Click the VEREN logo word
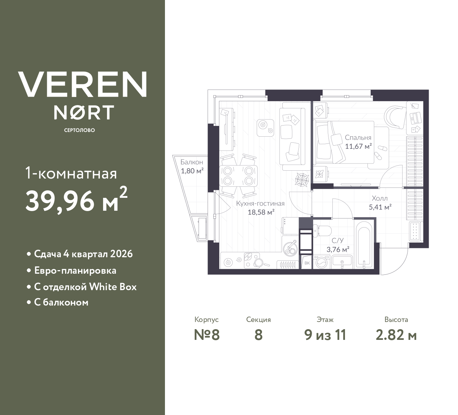click(83, 84)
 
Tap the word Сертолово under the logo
click(79, 130)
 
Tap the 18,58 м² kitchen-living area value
click(261, 212)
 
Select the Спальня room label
click(358, 137)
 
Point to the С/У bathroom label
click(337, 240)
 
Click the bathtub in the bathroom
click(364, 244)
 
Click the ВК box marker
click(307, 263)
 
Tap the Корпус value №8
click(206, 335)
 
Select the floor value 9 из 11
click(325, 335)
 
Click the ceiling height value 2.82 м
click(396, 335)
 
